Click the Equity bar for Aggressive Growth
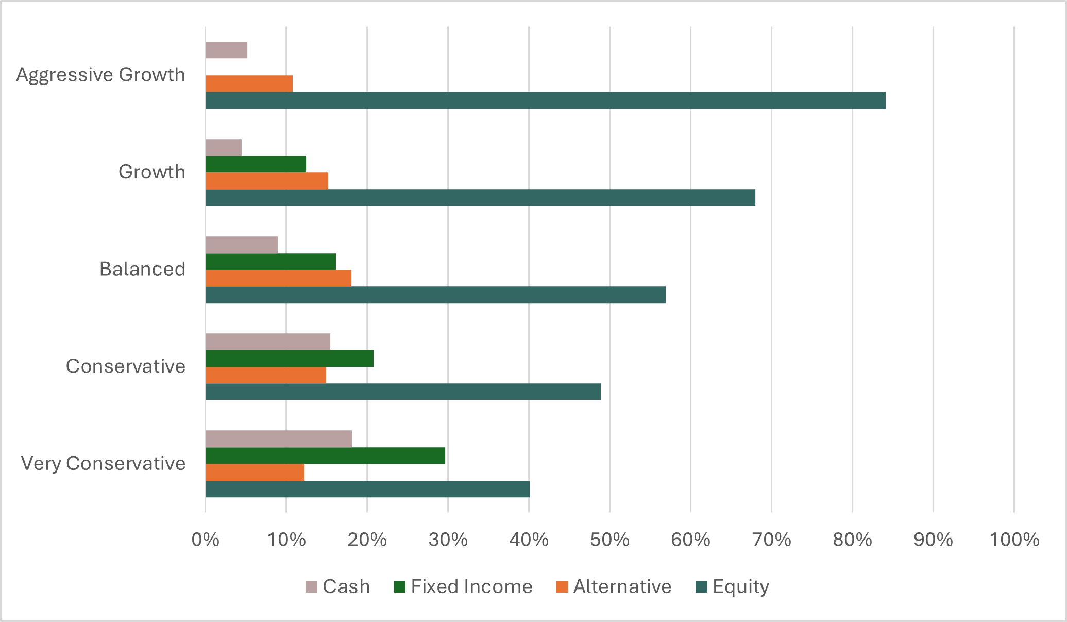point(545,100)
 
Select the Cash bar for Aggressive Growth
point(227,51)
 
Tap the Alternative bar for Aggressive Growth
point(249,83)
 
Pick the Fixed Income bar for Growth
point(256,164)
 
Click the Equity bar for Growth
point(480,197)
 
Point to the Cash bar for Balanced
point(242,245)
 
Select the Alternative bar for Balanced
point(279,278)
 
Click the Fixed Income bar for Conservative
point(290,359)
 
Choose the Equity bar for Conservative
point(403,392)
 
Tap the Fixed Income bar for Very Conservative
point(325,456)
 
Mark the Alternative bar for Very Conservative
point(255,473)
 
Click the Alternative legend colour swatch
point(562,587)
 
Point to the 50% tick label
point(609,540)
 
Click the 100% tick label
point(1014,540)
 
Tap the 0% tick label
point(206,540)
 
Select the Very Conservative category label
point(103,464)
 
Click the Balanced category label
point(142,270)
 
